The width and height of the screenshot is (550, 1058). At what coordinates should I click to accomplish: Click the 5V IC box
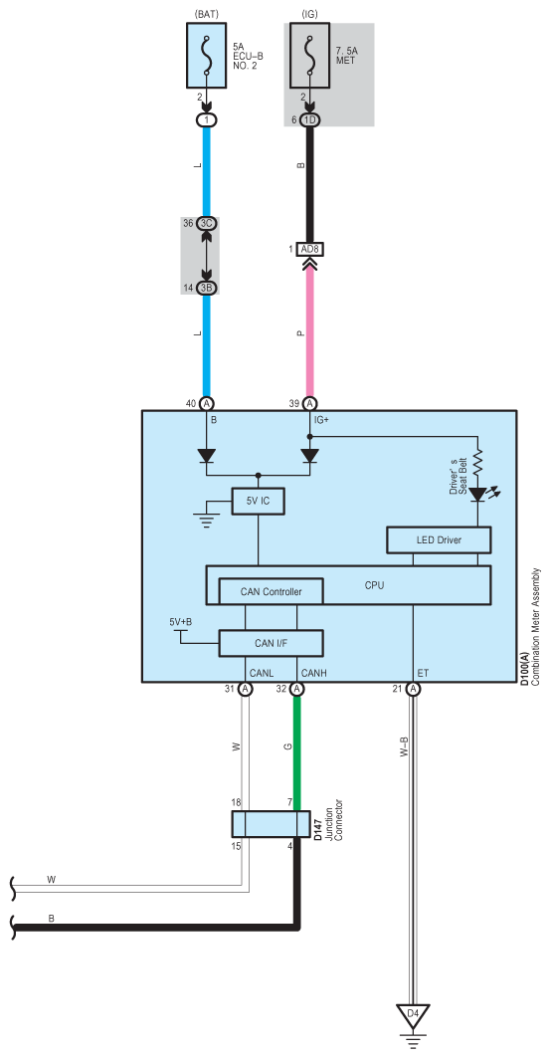pos(259,501)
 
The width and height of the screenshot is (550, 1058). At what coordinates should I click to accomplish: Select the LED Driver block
pos(439,539)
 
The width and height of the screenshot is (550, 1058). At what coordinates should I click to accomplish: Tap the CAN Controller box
pos(271,592)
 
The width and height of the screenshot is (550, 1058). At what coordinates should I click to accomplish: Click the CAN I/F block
pos(271,643)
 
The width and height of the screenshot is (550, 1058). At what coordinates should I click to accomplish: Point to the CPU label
pos(374,585)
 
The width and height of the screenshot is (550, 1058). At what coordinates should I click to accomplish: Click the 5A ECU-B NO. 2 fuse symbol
pos(206,56)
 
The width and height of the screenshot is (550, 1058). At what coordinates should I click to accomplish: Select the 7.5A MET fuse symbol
pos(310,56)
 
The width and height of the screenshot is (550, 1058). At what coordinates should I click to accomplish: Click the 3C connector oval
pos(206,223)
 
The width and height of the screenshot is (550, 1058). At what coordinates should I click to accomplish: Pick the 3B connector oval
pos(206,288)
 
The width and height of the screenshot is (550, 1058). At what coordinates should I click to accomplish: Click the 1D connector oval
pos(310,120)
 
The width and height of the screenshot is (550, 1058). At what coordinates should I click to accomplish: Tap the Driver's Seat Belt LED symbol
pos(477,496)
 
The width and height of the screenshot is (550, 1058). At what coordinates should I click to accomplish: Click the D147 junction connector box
pos(271,824)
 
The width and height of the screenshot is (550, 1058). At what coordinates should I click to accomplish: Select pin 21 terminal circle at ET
pos(413,689)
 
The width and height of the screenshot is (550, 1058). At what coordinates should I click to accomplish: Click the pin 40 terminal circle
pos(206,403)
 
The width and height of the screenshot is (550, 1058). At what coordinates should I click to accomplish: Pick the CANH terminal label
pos(314,673)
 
